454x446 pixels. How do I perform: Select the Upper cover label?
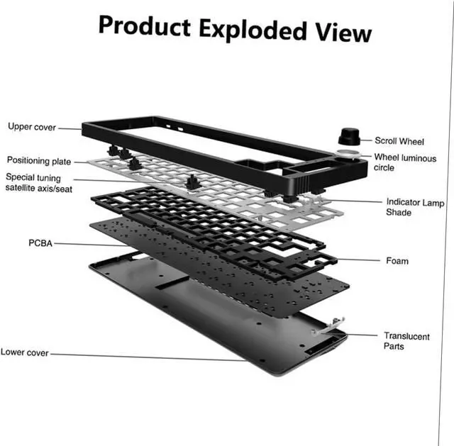pyautogui.click(x=32, y=127)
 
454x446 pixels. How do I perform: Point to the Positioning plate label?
pyautogui.click(x=39, y=161)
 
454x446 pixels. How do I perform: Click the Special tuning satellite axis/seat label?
pyautogui.click(x=33, y=182)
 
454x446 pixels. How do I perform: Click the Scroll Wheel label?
pyautogui.click(x=399, y=141)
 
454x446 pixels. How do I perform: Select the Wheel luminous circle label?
pyautogui.click(x=405, y=162)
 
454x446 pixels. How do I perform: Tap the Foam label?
pyautogui.click(x=397, y=261)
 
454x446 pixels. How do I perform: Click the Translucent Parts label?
pyautogui.click(x=406, y=341)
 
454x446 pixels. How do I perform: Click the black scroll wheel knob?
pyautogui.click(x=348, y=136)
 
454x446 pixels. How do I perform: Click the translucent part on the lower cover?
pyautogui.click(x=325, y=328)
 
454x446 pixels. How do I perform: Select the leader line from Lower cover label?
pyautogui.click(x=142, y=355)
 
